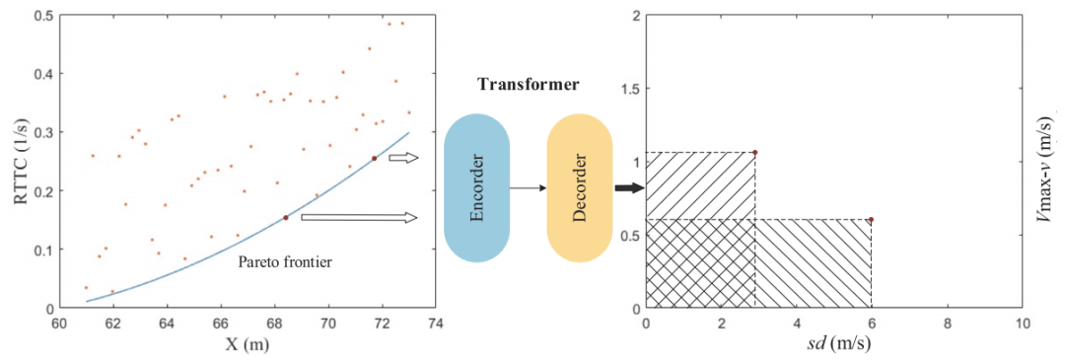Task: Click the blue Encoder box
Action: click(476, 188)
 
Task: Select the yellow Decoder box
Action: click(580, 188)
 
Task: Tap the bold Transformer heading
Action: click(528, 85)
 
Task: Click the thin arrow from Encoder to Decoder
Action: click(528, 188)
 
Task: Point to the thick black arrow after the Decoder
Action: click(627, 188)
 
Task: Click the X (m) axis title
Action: click(247, 344)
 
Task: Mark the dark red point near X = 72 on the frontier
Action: click(374, 158)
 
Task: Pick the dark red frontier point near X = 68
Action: click(285, 217)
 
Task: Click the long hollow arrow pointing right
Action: click(359, 217)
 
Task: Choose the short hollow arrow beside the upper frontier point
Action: click(404, 158)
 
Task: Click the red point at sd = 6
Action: click(872, 219)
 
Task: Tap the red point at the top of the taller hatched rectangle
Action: click(754, 152)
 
